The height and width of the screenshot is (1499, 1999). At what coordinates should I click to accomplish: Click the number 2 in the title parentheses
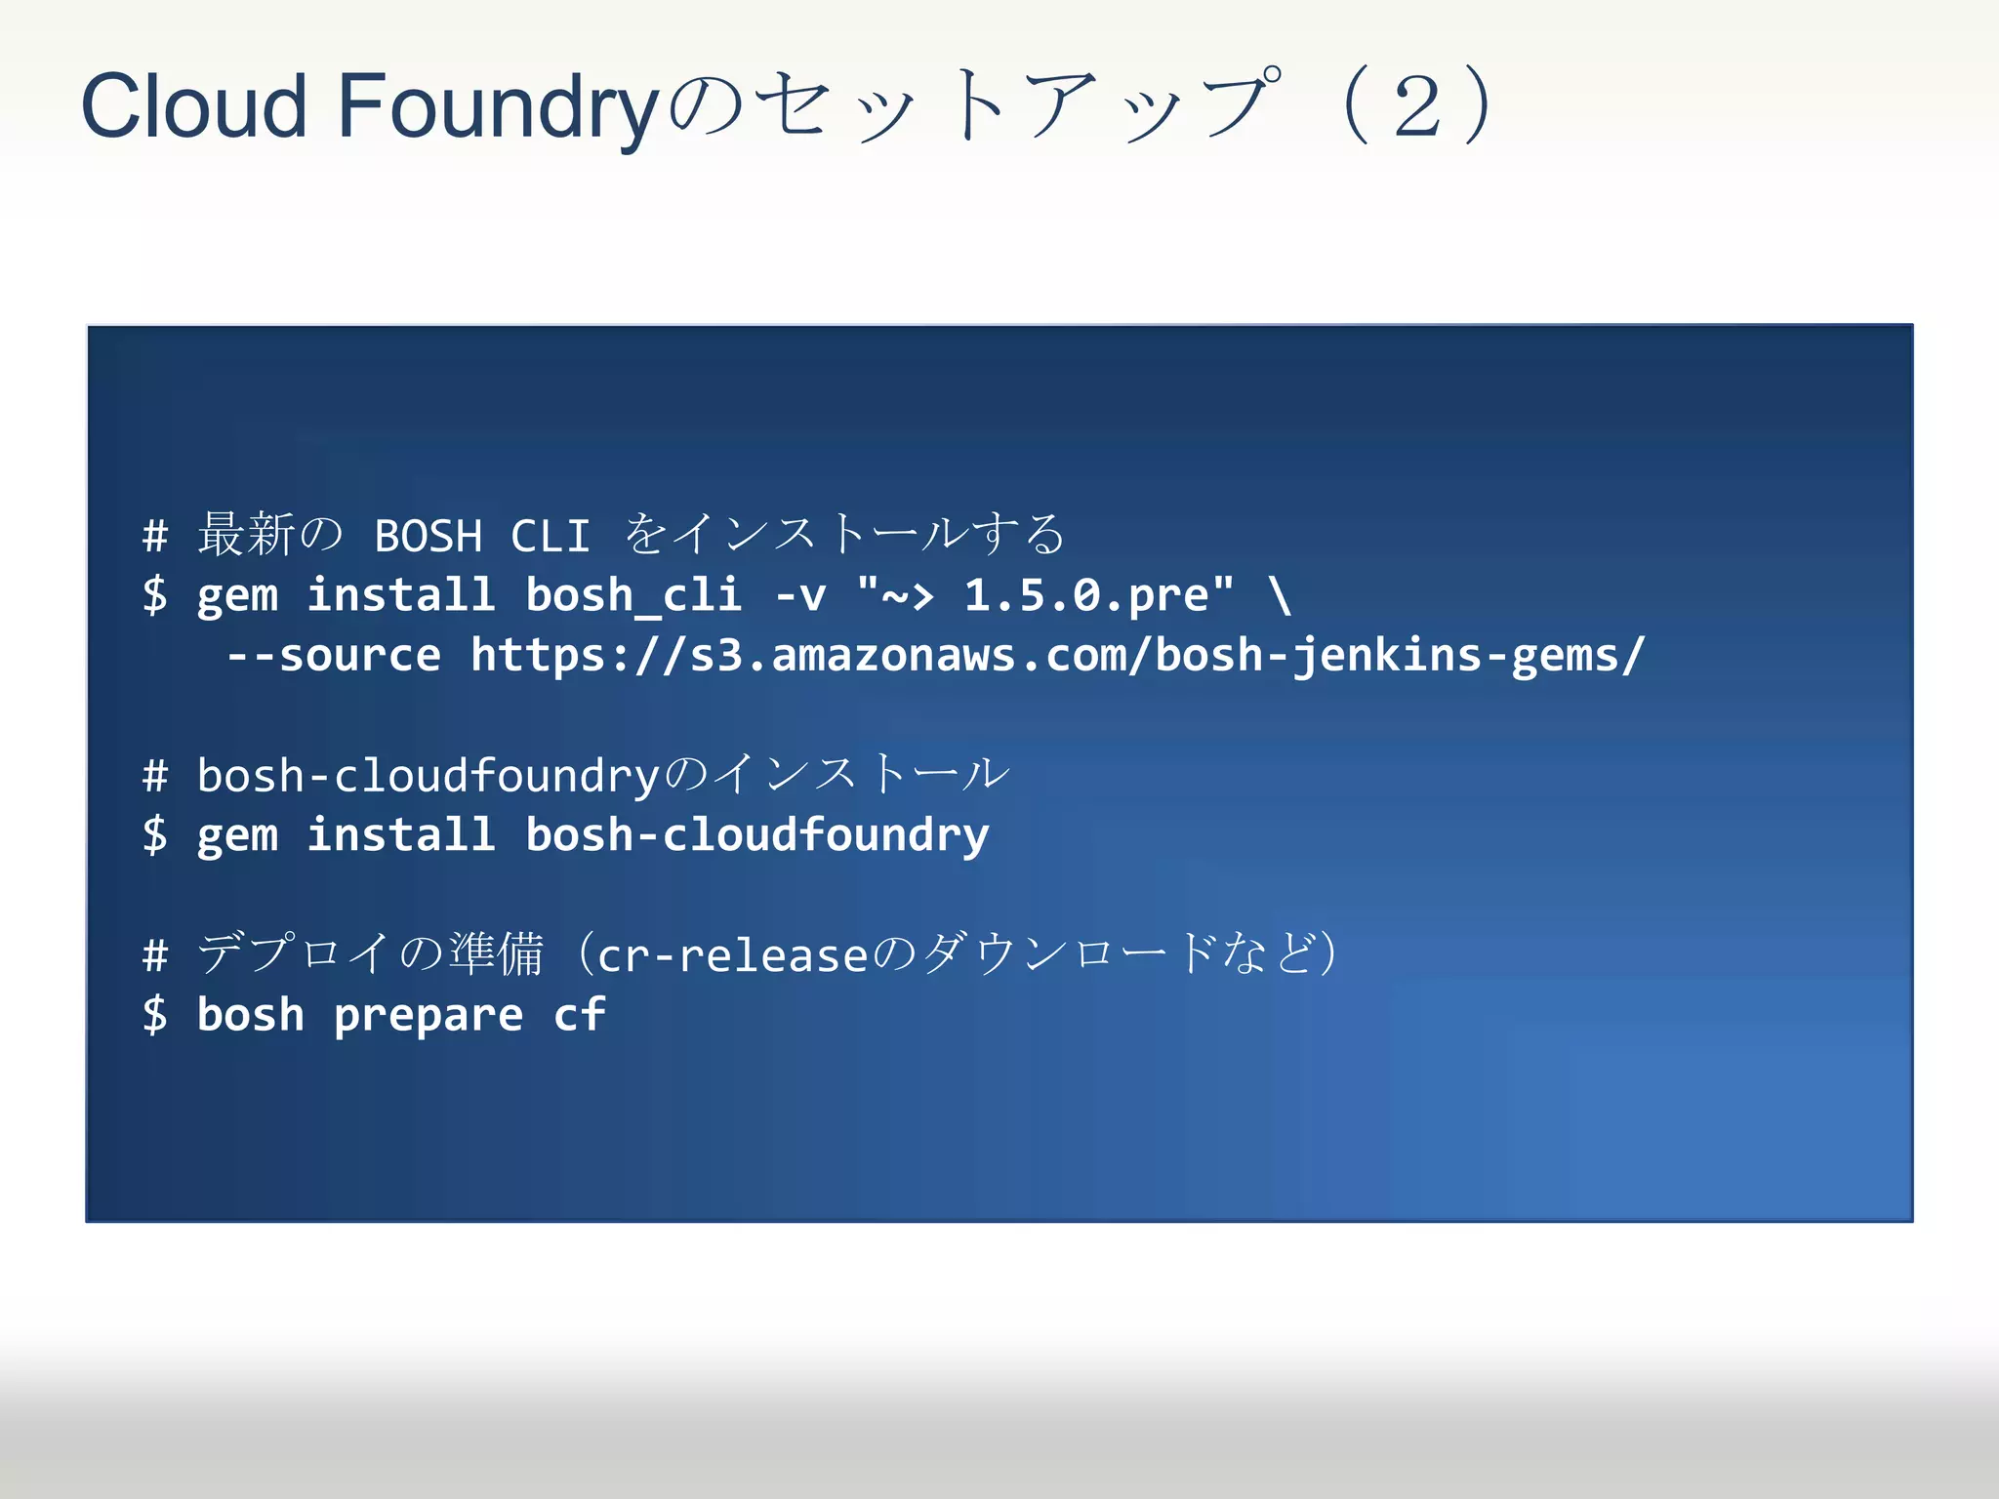tap(1417, 105)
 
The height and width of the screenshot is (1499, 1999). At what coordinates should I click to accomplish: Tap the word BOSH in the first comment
tap(428, 536)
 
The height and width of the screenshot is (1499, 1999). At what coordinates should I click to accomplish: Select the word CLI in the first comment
tap(551, 536)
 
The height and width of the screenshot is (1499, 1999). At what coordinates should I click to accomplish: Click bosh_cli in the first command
tap(633, 595)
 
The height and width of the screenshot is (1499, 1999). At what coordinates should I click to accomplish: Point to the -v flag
tap(800, 595)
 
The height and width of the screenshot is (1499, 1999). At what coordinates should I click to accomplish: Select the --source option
tap(334, 655)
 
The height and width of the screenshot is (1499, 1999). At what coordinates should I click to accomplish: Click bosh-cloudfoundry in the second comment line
tap(428, 776)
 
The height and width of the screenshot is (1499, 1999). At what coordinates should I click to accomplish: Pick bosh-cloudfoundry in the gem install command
tap(756, 835)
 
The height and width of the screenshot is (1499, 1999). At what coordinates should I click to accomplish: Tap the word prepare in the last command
tap(428, 1015)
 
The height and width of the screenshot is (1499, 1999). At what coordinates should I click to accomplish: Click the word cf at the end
tap(579, 1015)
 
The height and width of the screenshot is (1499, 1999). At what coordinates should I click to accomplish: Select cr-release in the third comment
tap(732, 955)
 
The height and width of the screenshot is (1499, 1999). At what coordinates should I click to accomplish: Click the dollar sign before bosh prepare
tap(155, 1015)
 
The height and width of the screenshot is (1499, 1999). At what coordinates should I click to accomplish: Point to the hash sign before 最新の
tap(155, 536)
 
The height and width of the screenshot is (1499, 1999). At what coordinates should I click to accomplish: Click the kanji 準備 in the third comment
tap(496, 953)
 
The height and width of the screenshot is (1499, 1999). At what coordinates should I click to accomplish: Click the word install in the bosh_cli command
tap(401, 595)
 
